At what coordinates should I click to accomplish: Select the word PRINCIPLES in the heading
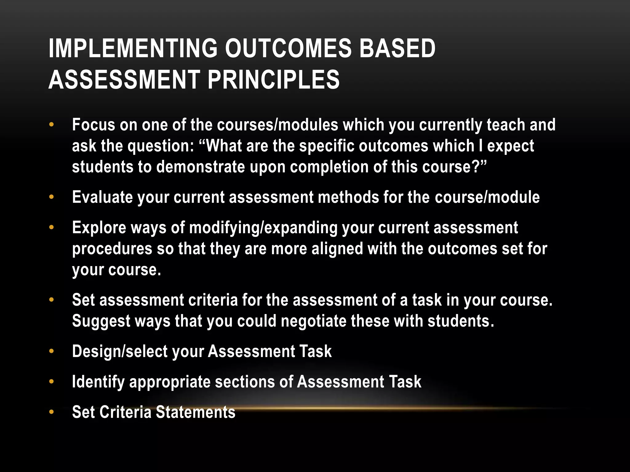[x=273, y=80]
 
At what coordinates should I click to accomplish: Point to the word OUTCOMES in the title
[x=288, y=48]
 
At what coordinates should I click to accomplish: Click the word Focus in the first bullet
[x=94, y=125]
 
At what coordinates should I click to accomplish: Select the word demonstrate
[x=201, y=167]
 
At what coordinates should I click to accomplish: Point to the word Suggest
[x=101, y=321]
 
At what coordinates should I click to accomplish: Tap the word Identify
[x=98, y=382]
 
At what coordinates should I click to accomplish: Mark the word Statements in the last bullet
[x=196, y=412]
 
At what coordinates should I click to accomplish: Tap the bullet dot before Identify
[x=51, y=382]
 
